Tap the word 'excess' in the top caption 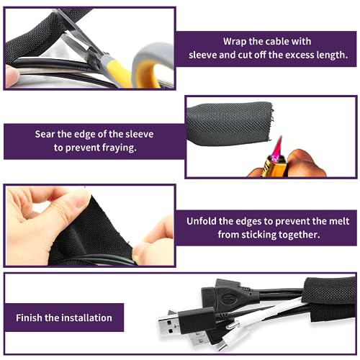click(x=289, y=55)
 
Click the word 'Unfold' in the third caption click(x=205, y=221)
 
